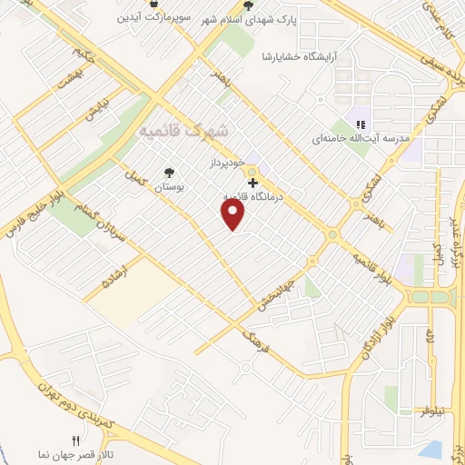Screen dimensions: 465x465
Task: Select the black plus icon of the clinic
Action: (252, 183)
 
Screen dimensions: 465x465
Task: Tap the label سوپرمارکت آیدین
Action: (159, 16)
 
